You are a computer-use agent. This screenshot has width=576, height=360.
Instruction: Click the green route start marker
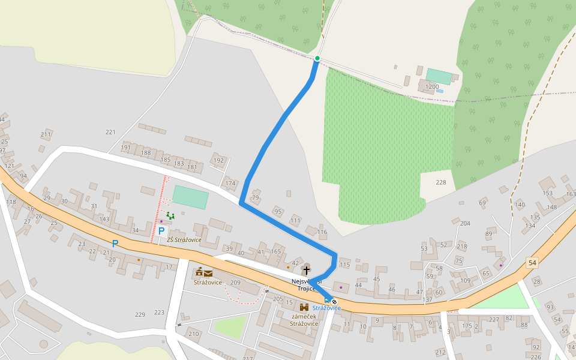click(317, 58)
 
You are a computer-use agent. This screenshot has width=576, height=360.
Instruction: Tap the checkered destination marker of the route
click(334, 301)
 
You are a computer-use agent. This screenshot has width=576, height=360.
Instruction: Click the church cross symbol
click(306, 271)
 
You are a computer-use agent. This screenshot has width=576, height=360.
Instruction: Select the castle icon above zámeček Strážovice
click(304, 307)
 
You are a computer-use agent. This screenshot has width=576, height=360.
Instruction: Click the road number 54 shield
click(532, 263)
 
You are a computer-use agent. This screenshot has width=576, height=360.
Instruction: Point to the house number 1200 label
click(432, 87)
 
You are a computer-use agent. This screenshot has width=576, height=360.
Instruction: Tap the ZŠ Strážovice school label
click(184, 240)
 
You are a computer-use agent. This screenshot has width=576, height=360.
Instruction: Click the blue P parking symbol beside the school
click(161, 231)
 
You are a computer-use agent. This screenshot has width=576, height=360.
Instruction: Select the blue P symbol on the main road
click(115, 244)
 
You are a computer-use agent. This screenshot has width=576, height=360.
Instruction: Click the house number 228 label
click(441, 182)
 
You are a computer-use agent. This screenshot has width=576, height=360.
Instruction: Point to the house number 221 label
click(110, 132)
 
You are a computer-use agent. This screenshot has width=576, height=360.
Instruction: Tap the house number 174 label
click(230, 183)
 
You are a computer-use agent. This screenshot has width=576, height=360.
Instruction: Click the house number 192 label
click(218, 160)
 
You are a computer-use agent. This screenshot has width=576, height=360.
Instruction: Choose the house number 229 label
click(140, 314)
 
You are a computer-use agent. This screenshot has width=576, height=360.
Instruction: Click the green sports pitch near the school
click(190, 197)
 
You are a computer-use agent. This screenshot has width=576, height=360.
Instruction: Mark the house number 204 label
click(465, 223)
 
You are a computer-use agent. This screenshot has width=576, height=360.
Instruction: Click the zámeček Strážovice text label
click(304, 320)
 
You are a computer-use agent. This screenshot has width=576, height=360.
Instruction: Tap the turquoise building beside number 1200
click(439, 76)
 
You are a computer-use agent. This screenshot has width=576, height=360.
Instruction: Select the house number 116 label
click(322, 232)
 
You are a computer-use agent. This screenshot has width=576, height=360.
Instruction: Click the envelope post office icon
click(208, 274)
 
